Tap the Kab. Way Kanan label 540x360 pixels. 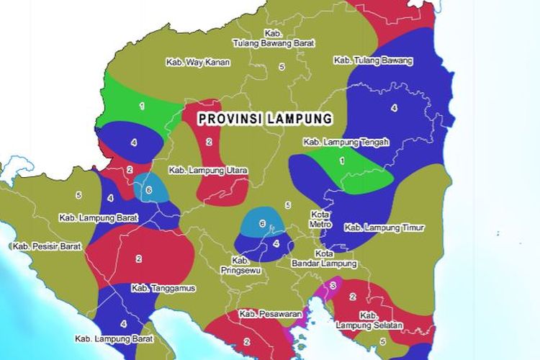[x=198, y=62]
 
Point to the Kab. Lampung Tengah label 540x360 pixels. [x=346, y=142]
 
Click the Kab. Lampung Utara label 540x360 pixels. [x=208, y=171]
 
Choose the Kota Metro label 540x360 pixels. [x=321, y=219]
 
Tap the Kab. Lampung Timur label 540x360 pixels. [x=384, y=228]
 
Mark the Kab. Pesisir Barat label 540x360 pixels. [x=47, y=246]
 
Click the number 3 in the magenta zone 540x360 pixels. [x=332, y=286]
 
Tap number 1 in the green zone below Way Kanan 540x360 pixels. [x=142, y=106]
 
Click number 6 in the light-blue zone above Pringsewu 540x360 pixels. [x=262, y=223]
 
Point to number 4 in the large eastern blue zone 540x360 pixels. [x=394, y=108]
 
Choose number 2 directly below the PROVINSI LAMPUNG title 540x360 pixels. [x=209, y=142]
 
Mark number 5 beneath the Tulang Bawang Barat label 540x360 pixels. [x=282, y=66]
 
